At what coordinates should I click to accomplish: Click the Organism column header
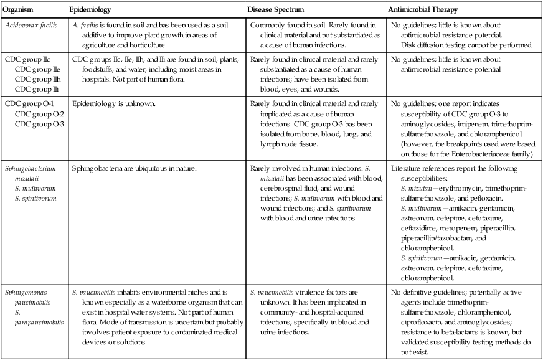pos(19,11)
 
